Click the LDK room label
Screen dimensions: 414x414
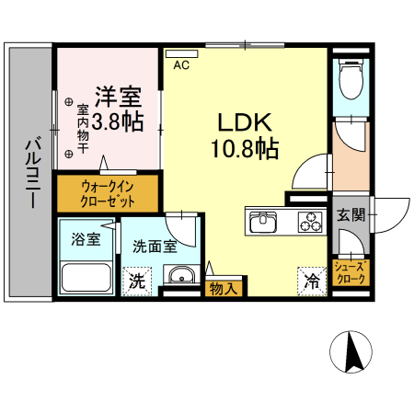[x=244, y=122]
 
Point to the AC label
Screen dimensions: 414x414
[x=181, y=64]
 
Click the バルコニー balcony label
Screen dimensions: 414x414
[x=29, y=171]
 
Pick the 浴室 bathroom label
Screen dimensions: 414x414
[x=86, y=238]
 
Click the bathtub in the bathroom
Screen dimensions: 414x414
[x=87, y=276]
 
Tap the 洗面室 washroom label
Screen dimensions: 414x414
[x=154, y=246]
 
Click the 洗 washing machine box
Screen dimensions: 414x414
[x=136, y=280]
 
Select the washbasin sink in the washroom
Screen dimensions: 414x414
[x=182, y=275]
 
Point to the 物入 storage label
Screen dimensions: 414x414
[x=223, y=288]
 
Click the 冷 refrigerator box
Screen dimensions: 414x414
[x=313, y=281]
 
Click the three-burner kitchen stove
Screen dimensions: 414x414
[x=309, y=222]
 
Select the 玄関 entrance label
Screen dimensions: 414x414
[x=351, y=215]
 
